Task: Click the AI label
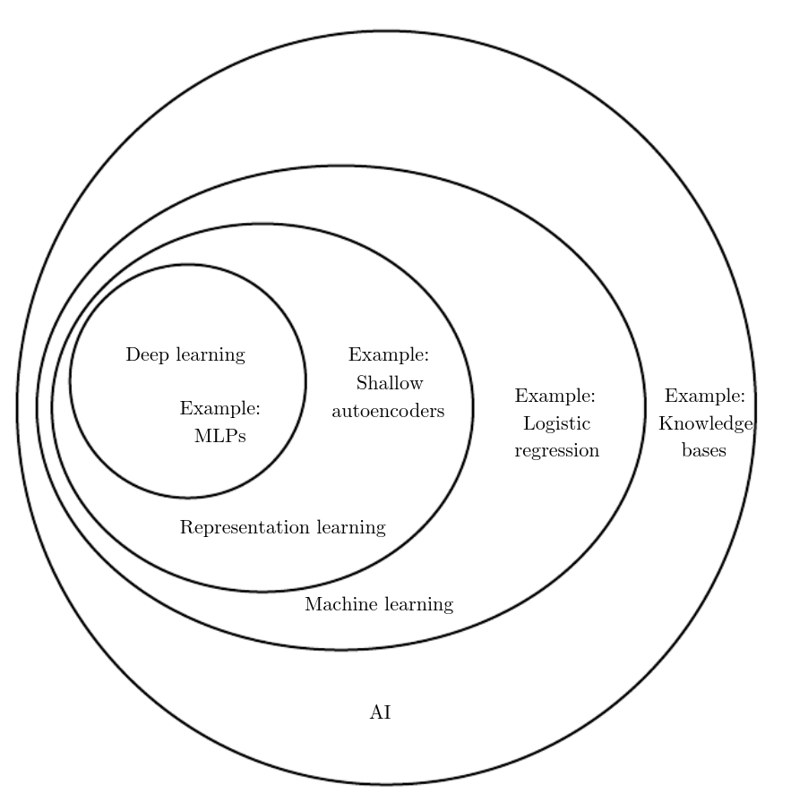coord(381,713)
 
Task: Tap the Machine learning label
coord(379,605)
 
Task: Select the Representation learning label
coord(282,528)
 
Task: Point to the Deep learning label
coord(185,355)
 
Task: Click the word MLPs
coord(219,437)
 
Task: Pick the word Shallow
coord(390,384)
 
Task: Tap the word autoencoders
coord(389,412)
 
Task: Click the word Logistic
coord(556,424)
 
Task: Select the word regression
coord(556,451)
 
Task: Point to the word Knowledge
coord(706,424)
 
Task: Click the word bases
coord(704,451)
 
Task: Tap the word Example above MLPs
coord(220,410)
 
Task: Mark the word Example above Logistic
coord(555,396)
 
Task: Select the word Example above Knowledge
coord(705,396)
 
